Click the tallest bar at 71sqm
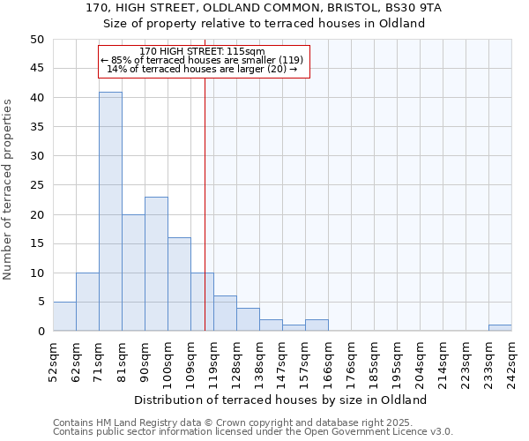click(x=110, y=212)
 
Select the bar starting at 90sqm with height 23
click(x=156, y=264)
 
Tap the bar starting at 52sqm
click(x=64, y=316)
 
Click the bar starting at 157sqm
click(x=317, y=325)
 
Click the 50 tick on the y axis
click(x=37, y=40)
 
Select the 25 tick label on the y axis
click(x=37, y=185)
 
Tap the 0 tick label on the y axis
click(x=41, y=332)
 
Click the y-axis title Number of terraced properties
click(x=9, y=189)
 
